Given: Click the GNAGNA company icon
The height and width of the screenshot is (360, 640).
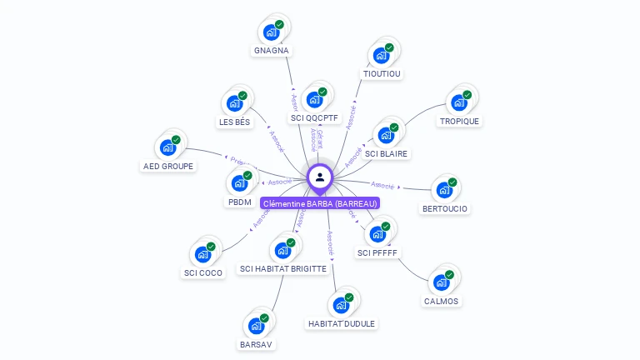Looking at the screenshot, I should coord(270,32).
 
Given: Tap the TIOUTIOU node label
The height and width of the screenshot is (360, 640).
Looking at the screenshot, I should coord(382,73).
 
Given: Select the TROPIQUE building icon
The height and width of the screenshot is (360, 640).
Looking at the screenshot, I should coord(458,103).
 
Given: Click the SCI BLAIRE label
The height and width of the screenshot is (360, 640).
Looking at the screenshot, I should coord(387,154).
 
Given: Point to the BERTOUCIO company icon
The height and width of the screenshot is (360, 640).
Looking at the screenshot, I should coord(443,190).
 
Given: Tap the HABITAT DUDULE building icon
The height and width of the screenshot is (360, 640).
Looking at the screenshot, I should coord(340,305).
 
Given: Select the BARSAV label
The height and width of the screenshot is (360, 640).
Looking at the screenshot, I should coord(256,344).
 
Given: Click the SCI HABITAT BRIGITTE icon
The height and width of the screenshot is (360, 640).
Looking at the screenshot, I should coord(283,250).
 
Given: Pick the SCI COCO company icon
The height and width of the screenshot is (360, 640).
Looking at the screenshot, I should coord(202,255).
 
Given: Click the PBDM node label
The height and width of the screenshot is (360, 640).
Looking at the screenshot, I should coord(239,202).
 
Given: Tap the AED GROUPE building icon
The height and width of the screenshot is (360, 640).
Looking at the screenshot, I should coord(167,148).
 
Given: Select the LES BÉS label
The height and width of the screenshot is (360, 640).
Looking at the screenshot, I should coord(234,122).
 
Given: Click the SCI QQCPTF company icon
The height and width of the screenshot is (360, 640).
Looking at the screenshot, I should coord(314,100).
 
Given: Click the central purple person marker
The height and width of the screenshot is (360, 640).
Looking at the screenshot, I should coord(320,177).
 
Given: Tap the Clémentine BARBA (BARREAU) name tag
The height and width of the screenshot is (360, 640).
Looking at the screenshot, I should coord(320,203).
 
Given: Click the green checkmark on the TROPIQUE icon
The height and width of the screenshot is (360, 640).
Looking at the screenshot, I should coord(467,95).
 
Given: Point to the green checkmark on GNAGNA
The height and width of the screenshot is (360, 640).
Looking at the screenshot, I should coord(279,24).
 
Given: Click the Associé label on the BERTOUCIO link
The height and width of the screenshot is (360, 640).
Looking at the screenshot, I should coord(382,185).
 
